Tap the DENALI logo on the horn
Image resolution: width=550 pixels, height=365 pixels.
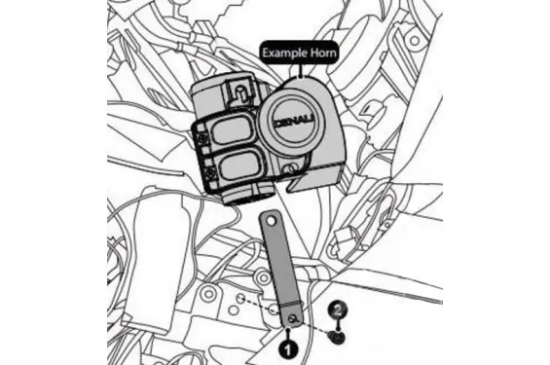pos(295,122)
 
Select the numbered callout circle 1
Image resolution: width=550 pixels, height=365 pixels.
pos(288,349)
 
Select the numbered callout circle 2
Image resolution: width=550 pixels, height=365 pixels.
pos(338,310)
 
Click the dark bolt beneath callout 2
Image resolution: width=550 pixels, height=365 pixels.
pos(337,338)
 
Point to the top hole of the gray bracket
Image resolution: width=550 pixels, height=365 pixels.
pos(271,221)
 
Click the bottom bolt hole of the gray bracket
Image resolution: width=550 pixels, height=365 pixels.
pos(292,318)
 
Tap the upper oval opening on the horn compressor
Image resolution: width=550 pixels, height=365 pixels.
pos(231,129)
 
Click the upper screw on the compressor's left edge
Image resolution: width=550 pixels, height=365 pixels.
pos(202,139)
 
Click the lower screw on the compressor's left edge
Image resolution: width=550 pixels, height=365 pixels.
pos(210,172)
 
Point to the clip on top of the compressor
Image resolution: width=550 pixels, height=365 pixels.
pos(239,92)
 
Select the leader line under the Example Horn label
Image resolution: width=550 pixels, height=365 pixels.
pos(300,70)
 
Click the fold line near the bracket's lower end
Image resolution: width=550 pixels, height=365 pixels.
pos(291,304)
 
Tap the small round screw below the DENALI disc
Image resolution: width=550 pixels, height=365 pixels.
pos(291,169)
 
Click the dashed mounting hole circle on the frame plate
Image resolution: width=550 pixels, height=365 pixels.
pos(240,299)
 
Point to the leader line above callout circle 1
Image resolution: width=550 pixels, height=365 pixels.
pos(288,334)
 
